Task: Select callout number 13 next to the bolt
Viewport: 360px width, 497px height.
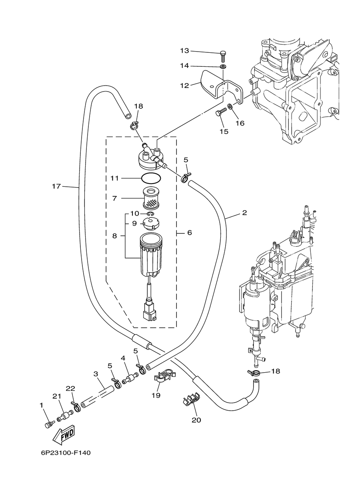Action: coord(184,51)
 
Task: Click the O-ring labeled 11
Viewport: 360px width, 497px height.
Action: coord(151,178)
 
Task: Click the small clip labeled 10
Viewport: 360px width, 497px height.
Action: coord(150,214)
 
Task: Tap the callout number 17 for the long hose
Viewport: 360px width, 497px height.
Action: coord(56,186)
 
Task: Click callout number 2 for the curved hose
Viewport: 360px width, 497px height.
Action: coord(244,213)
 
